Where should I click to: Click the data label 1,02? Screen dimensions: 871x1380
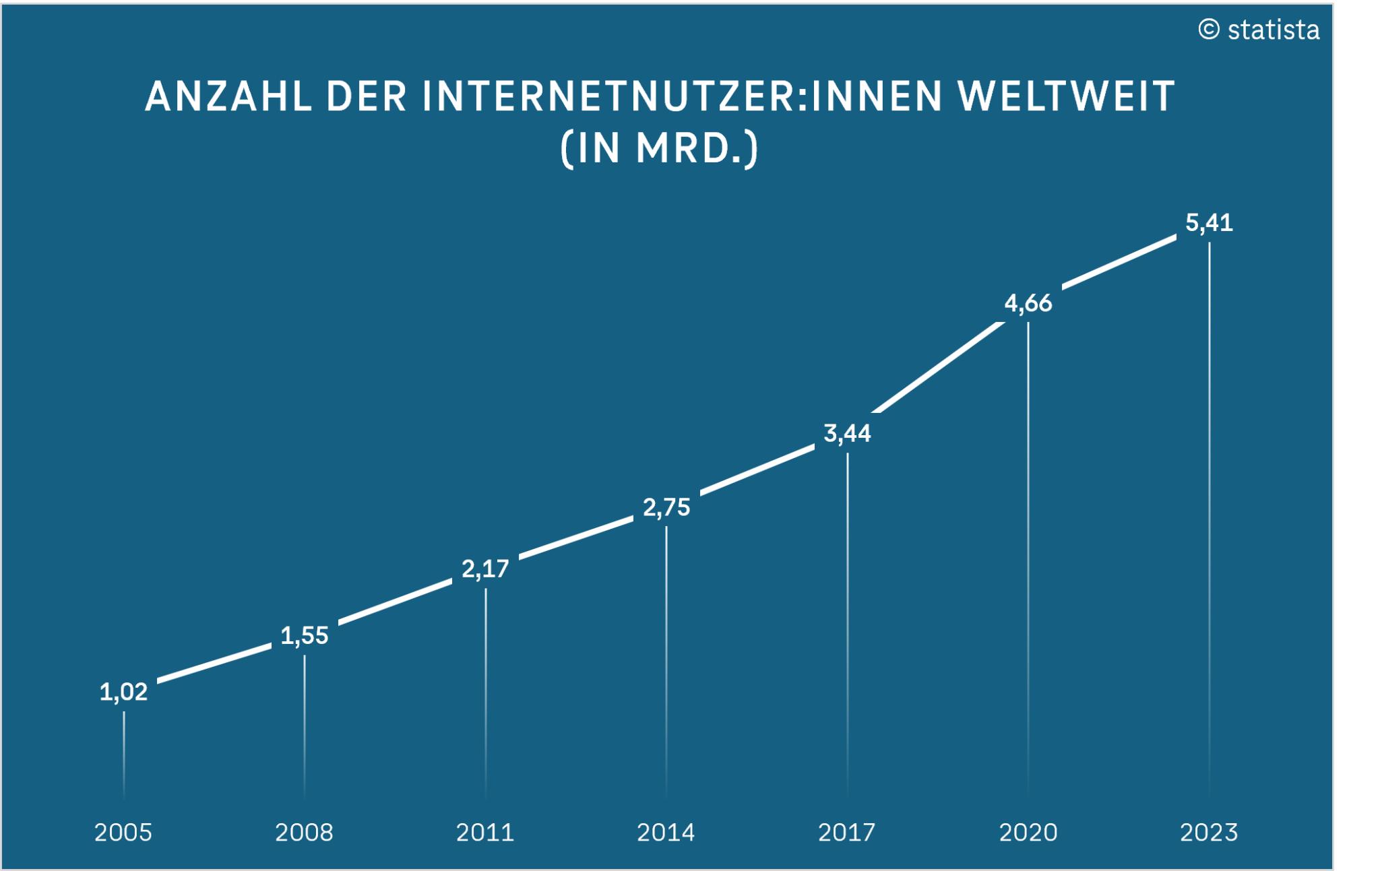[x=123, y=692]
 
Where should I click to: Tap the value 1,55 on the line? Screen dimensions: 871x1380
[x=304, y=635]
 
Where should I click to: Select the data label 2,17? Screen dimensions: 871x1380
[x=485, y=569]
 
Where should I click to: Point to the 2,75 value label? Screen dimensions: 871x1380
[x=666, y=507]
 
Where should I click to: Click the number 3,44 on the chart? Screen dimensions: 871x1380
[x=847, y=433]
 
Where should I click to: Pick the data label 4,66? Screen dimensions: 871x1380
[x=1028, y=303]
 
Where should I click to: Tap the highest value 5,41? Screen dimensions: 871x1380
[x=1209, y=223]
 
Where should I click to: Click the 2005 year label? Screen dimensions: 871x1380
[x=123, y=833]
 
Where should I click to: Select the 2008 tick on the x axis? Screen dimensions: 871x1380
[x=304, y=833]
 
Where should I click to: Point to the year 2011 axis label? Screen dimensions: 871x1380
[x=485, y=833]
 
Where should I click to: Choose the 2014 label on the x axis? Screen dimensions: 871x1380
[x=666, y=833]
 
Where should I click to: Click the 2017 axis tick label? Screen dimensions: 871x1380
[x=847, y=833]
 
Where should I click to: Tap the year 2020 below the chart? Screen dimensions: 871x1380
[x=1028, y=833]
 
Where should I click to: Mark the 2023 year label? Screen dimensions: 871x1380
[x=1209, y=833]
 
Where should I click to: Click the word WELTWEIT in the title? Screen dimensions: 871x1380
[x=1067, y=96]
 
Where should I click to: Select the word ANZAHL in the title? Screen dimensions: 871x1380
[x=229, y=96]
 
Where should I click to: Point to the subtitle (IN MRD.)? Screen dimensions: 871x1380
[x=660, y=148]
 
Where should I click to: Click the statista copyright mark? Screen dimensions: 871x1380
[x=1259, y=30]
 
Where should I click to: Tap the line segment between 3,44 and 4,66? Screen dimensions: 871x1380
[x=937, y=367]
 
